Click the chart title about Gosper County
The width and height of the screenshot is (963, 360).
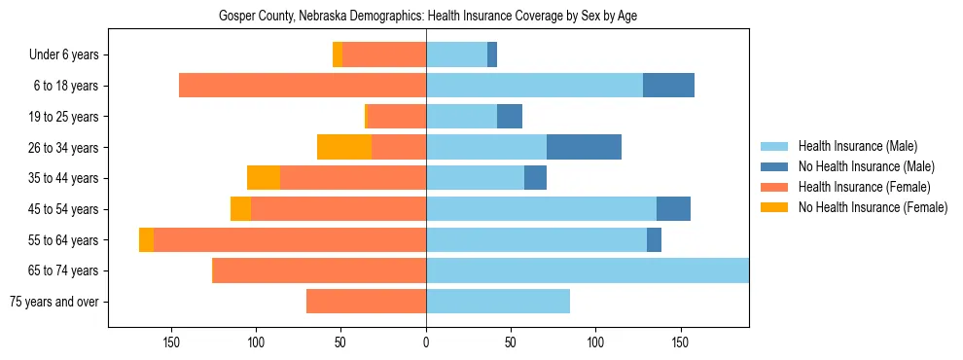click(428, 17)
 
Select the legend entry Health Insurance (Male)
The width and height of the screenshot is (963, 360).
click(856, 146)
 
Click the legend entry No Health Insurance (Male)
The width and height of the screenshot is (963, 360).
click(861, 166)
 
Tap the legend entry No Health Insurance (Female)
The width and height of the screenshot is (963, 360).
click(872, 207)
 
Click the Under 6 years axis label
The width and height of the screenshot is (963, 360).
click(63, 54)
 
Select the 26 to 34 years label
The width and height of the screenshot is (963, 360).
click(63, 147)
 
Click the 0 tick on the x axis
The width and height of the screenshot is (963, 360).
click(426, 342)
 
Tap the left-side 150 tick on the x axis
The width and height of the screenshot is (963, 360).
click(171, 342)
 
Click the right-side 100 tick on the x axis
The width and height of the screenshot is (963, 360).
click(595, 342)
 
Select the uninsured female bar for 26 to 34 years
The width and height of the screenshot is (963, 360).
click(344, 147)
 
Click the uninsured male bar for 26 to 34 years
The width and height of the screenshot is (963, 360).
click(584, 147)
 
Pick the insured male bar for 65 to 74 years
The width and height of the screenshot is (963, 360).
click(588, 270)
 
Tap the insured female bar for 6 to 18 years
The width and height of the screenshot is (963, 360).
click(303, 86)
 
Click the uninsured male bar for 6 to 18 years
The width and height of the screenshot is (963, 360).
click(668, 86)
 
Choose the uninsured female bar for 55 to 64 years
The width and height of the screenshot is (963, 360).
click(146, 239)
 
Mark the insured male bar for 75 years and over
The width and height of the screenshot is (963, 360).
click(498, 302)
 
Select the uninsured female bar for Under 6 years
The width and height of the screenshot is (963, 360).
click(338, 54)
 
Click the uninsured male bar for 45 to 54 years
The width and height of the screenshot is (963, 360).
click(673, 209)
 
